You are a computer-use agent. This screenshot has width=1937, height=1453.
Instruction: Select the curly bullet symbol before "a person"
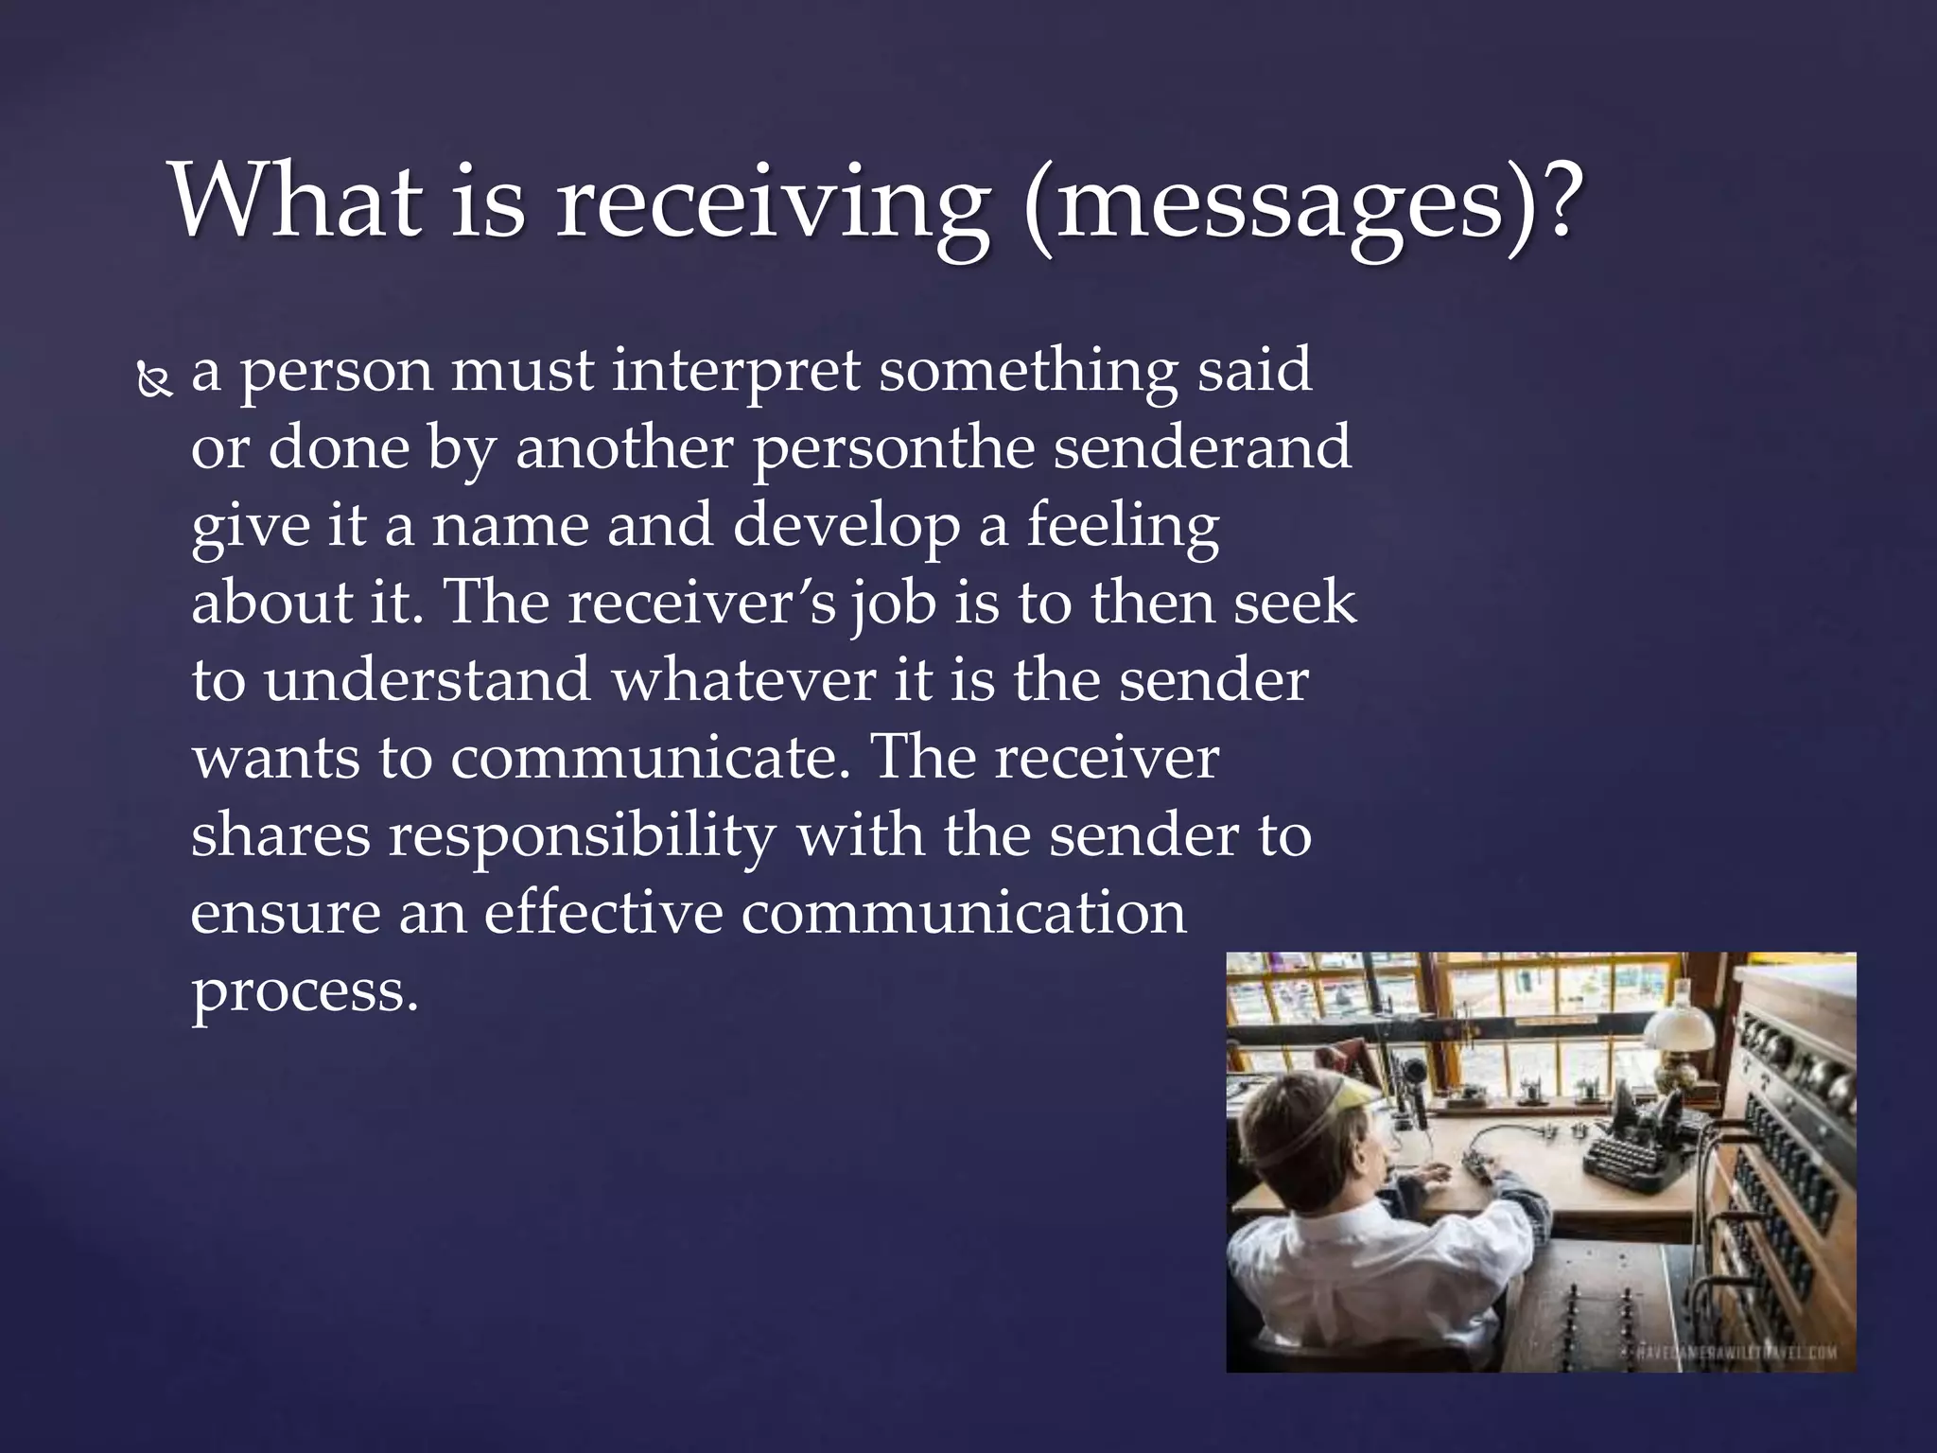(x=154, y=380)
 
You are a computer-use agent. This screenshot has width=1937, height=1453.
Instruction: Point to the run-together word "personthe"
(x=893, y=448)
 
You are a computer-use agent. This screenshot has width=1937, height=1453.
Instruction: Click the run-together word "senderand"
(x=1201, y=447)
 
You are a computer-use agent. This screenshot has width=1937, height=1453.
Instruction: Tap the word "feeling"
(x=1123, y=526)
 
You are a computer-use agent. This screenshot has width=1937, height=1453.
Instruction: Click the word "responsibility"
(x=582, y=836)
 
